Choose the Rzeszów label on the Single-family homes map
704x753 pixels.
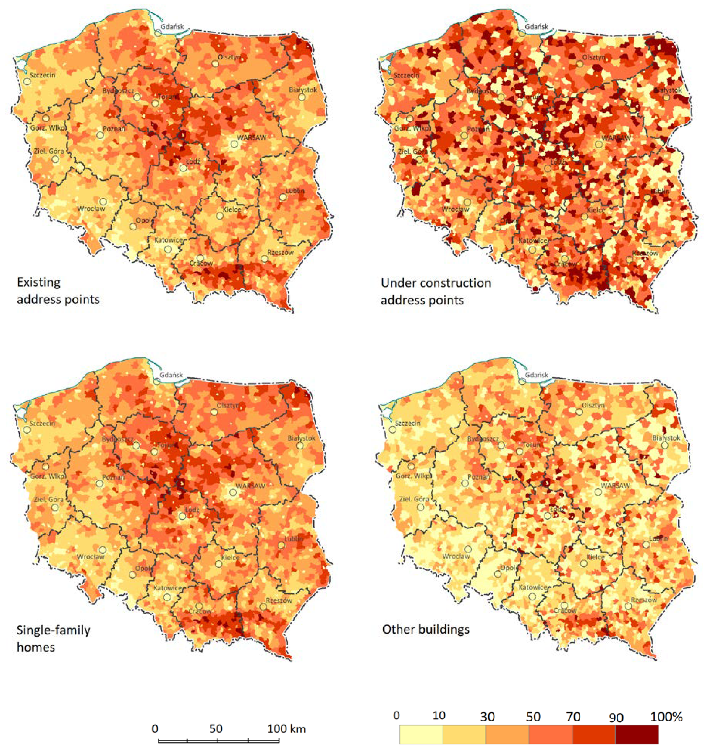point(279,600)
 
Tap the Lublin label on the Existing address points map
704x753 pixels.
point(295,191)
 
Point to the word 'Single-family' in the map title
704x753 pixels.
point(53,630)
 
